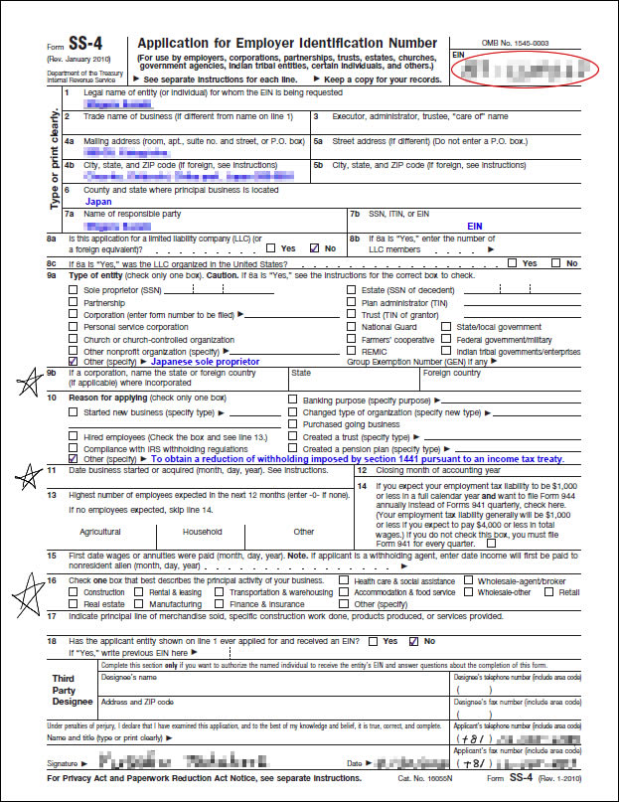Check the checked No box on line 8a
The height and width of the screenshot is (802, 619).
tap(315, 247)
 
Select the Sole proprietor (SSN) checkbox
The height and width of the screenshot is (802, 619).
tap(73, 290)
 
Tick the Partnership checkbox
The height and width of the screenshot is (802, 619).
tap(73, 302)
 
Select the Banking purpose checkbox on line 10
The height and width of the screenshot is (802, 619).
tap(292, 400)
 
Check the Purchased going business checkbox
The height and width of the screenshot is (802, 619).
tap(292, 423)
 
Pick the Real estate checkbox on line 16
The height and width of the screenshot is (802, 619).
tap(73, 603)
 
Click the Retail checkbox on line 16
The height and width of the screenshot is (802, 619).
tap(551, 591)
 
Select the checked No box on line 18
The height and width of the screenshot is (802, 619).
tap(415, 641)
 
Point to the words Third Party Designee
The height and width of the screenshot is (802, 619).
tap(64, 689)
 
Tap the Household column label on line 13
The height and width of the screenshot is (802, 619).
tap(203, 531)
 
